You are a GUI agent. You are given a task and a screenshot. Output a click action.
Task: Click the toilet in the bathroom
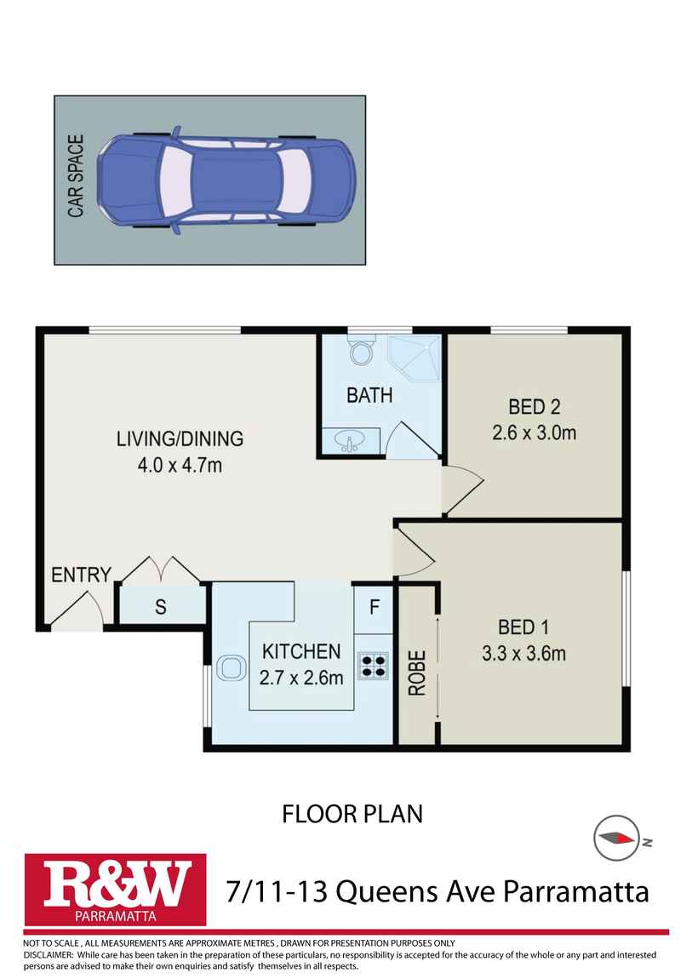[362, 350]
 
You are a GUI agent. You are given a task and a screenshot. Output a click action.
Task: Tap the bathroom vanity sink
[350, 441]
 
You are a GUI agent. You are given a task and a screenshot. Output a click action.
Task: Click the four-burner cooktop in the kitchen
[373, 666]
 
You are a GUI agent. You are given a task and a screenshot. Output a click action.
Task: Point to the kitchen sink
[231, 667]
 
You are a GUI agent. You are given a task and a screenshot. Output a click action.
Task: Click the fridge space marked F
[374, 609]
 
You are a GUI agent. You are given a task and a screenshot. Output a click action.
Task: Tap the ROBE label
[417, 673]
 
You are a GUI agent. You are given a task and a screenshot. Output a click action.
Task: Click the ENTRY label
[81, 575]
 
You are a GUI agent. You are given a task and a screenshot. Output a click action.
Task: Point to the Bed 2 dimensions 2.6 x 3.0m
[535, 432]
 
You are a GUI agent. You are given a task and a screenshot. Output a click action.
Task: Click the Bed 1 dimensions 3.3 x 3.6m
[524, 654]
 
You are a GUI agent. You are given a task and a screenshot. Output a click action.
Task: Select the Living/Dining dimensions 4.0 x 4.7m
[180, 465]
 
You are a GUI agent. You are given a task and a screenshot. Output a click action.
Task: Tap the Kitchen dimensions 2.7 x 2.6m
[301, 678]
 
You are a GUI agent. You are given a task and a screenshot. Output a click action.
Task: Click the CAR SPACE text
[76, 176]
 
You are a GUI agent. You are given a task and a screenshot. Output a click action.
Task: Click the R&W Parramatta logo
[116, 890]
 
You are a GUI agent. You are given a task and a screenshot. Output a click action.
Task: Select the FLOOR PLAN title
[352, 814]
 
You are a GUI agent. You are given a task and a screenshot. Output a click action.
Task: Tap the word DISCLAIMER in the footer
[48, 954]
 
